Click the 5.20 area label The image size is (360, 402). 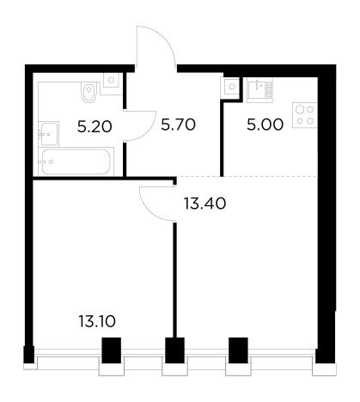point(95,126)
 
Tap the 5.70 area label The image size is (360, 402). point(178,125)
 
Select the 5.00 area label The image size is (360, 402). point(265,125)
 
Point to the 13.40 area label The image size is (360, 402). point(204,204)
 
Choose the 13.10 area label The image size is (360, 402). point(97,321)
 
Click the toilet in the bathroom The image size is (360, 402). point(88,92)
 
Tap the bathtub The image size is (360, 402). point(76,161)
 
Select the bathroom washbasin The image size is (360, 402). point(49,134)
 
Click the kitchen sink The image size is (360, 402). point(259,90)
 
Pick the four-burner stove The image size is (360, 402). point(305,115)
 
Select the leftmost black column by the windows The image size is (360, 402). point(112,350)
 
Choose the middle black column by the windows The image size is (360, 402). point(174,350)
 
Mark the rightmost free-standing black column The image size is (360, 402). point(238,350)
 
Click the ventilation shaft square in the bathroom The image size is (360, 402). point(112,80)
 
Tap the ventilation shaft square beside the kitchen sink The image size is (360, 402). point(232,86)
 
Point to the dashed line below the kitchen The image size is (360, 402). point(247,176)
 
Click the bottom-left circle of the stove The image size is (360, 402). point(300,121)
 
